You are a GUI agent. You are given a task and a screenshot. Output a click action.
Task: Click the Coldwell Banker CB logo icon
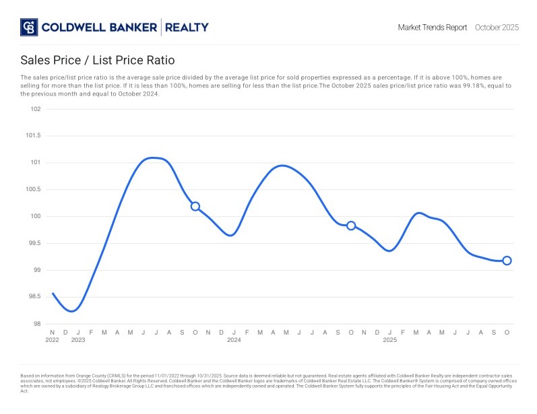pyautogui.click(x=29, y=28)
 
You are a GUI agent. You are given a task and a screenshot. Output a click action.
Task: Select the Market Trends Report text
pyautogui.click(x=432, y=28)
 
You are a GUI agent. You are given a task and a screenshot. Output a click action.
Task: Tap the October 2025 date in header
pyautogui.click(x=497, y=28)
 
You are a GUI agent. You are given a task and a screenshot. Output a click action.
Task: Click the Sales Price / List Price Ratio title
pyautogui.click(x=97, y=60)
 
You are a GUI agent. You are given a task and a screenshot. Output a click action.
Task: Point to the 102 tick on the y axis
pyautogui.click(x=35, y=109)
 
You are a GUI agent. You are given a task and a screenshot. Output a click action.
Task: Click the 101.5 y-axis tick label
pyautogui.click(x=33, y=136)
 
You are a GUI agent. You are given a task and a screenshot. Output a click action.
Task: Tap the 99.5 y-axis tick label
pyautogui.click(x=34, y=244)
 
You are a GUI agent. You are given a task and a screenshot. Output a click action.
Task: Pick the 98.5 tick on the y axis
pyautogui.click(x=34, y=298)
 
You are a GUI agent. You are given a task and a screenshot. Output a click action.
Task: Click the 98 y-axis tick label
pyautogui.click(x=36, y=324)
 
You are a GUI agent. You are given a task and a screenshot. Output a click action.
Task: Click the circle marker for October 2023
pyautogui.click(x=195, y=207)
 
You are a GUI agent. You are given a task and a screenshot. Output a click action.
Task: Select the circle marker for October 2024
pyautogui.click(x=351, y=226)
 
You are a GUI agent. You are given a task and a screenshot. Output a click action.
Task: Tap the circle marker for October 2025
pyautogui.click(x=507, y=261)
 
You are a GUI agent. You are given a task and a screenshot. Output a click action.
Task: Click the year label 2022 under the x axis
pyautogui.click(x=53, y=340)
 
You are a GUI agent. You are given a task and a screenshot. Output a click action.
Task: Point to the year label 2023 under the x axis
pyautogui.click(x=78, y=340)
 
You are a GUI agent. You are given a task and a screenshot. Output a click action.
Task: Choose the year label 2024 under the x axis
pyautogui.click(x=234, y=340)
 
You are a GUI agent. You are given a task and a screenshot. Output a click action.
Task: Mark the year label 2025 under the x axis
pyautogui.click(x=389, y=340)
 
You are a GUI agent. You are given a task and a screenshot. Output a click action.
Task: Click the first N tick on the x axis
pyautogui.click(x=53, y=333)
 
